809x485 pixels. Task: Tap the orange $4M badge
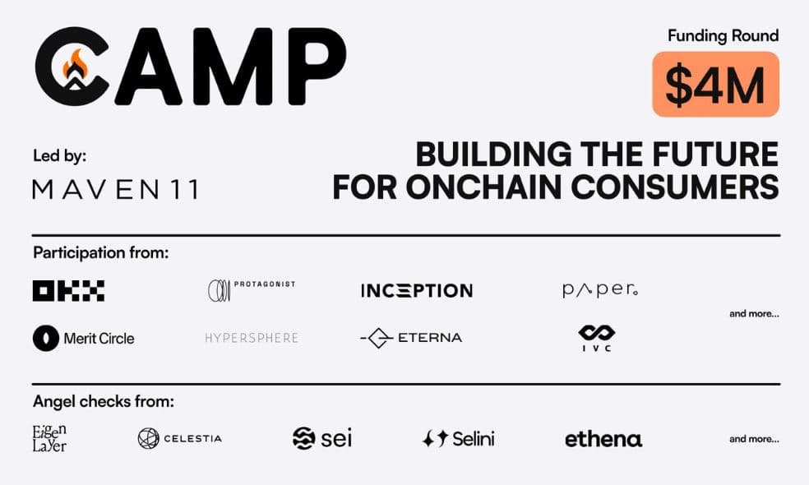click(715, 85)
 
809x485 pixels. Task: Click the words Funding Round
click(723, 35)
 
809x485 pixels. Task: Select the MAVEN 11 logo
click(115, 190)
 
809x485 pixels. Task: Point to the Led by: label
click(59, 155)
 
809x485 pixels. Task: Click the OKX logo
click(68, 290)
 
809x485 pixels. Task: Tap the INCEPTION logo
click(416, 290)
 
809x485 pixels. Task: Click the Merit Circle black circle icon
click(46, 338)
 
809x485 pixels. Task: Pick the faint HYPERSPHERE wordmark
click(252, 338)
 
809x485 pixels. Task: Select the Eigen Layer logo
click(50, 438)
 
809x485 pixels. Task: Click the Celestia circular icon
click(148, 438)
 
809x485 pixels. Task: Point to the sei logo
click(321, 438)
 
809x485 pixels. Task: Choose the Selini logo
click(458, 439)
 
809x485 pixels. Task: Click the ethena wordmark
click(603, 439)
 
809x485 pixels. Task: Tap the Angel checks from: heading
click(104, 402)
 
